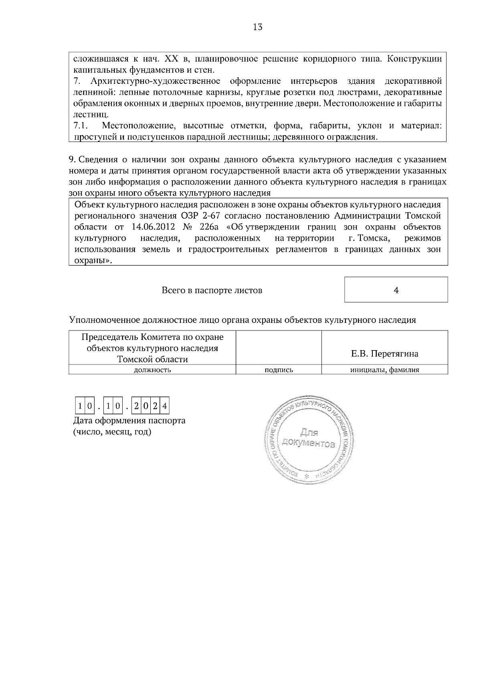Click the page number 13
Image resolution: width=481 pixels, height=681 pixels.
[258, 27]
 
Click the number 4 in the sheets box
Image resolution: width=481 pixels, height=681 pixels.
[396, 290]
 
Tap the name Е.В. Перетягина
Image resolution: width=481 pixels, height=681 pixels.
[384, 354]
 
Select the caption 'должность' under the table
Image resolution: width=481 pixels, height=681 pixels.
[152, 370]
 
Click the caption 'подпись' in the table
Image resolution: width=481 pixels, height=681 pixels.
[279, 370]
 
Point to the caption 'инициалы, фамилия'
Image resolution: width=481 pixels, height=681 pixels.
[384, 370]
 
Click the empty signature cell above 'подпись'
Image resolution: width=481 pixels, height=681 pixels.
[279, 347]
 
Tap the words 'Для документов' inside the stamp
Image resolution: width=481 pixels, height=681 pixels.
[308, 438]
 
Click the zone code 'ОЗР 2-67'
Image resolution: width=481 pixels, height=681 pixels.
[194, 216]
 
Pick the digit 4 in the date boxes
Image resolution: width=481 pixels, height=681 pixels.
[165, 407]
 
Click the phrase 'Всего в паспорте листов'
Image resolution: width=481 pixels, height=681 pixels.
[212, 290]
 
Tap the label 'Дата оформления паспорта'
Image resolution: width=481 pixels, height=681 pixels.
[129, 421]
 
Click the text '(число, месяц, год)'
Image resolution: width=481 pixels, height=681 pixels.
[112, 432]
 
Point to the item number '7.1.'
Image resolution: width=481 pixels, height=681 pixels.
[81, 126]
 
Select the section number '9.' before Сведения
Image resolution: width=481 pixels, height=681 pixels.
[72, 159]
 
